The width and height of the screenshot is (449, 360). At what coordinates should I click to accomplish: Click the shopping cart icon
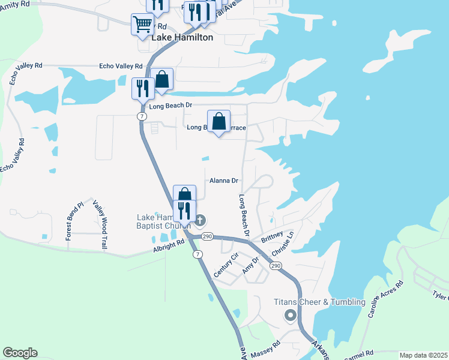[142, 25]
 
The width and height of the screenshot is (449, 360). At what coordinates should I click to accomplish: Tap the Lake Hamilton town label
[182, 37]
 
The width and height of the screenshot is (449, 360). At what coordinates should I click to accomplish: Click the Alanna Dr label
[224, 181]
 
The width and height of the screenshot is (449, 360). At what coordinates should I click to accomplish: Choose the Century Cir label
[226, 265]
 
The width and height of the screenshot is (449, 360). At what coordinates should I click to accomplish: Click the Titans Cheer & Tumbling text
[319, 302]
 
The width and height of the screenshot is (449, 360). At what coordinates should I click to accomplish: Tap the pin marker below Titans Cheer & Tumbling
[291, 316]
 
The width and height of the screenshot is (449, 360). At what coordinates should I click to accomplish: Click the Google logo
[20, 353]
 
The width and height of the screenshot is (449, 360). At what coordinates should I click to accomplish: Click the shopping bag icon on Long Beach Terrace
[219, 121]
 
